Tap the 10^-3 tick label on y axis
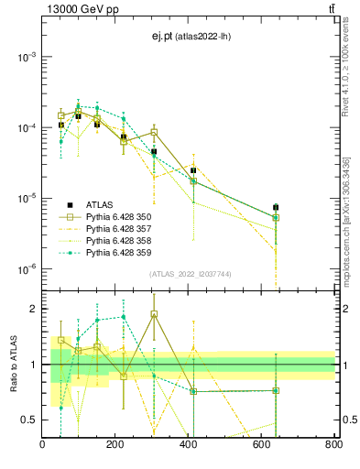click(x=25, y=57)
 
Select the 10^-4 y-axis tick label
click(x=25, y=127)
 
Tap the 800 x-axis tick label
click(x=333, y=446)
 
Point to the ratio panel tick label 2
click(x=32, y=309)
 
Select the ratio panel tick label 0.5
click(x=28, y=420)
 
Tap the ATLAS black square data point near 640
click(x=276, y=207)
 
